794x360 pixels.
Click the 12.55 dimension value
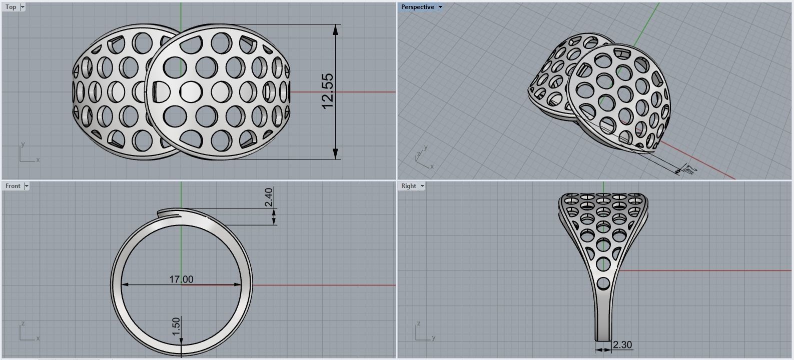click(327, 91)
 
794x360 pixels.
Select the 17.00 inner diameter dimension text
click(181, 279)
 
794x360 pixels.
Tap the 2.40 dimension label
click(269, 197)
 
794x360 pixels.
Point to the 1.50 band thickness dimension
click(176, 326)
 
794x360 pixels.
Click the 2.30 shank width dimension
click(622, 344)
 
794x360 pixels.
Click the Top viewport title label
click(11, 7)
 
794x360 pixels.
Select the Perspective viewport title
click(417, 7)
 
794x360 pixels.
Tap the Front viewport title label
click(13, 186)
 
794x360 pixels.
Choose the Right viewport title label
click(408, 186)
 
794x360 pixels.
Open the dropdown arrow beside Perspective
click(440, 7)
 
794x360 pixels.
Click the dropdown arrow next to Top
click(22, 7)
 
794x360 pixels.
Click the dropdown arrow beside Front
click(27, 186)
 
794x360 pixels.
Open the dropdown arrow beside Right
click(422, 186)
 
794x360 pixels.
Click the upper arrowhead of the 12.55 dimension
click(335, 29)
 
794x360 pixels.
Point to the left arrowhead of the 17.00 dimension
click(126, 284)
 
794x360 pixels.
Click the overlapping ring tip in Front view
click(163, 213)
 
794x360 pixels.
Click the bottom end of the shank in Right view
click(603, 338)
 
